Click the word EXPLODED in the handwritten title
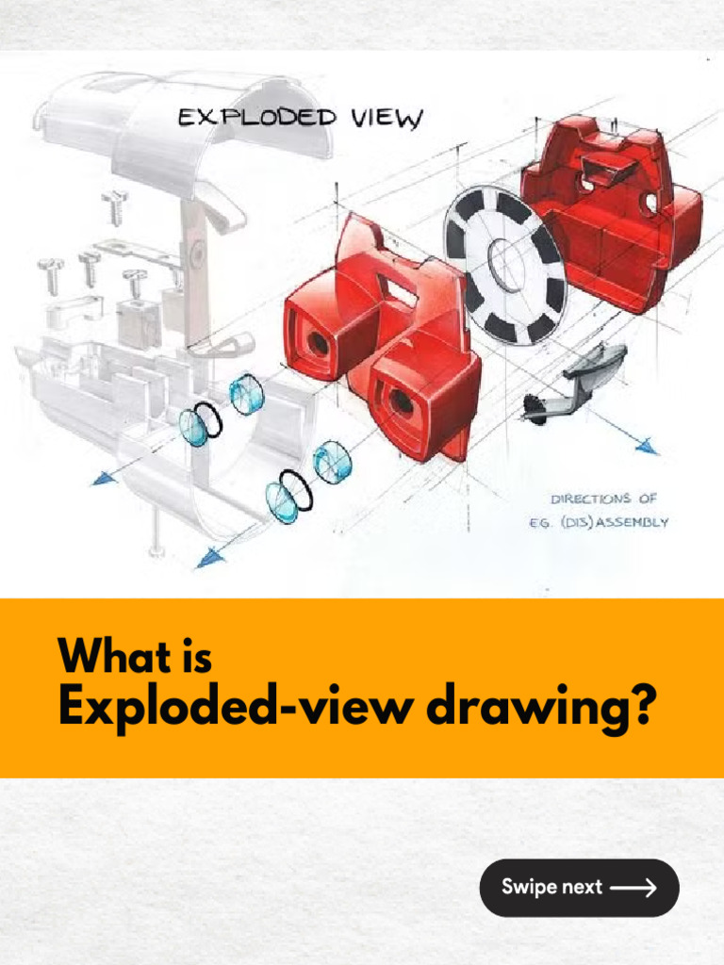(257, 117)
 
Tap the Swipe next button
(579, 888)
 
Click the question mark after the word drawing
(640, 708)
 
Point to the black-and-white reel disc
(505, 265)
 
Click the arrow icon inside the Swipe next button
(633, 888)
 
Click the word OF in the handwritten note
(647, 498)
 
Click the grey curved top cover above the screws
(185, 123)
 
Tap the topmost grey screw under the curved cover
(115, 206)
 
